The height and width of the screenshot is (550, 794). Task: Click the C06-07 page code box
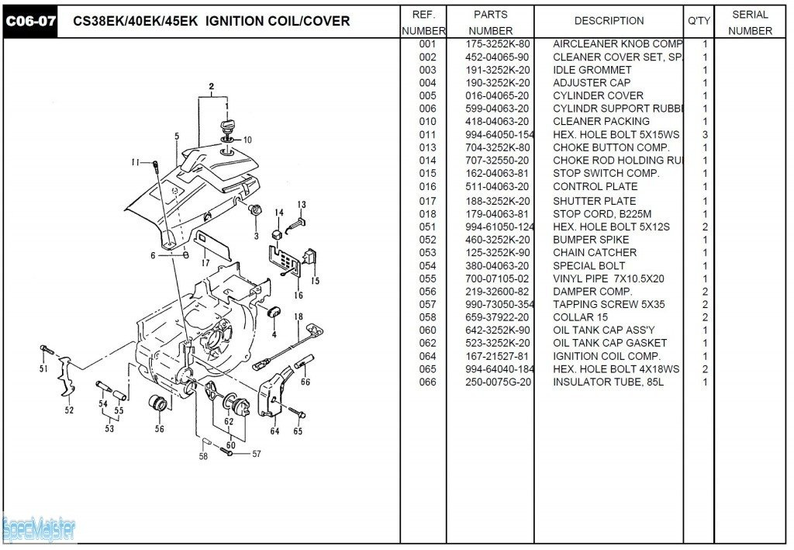click(x=31, y=21)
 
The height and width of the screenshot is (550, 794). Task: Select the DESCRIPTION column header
click(x=609, y=21)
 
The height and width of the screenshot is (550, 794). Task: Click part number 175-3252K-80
click(x=498, y=44)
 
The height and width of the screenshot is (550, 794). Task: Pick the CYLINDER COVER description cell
click(x=598, y=95)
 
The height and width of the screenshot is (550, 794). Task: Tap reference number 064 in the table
click(x=427, y=356)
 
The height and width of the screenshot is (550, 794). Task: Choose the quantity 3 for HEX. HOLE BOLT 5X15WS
click(x=704, y=135)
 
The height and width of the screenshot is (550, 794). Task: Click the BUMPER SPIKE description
click(x=591, y=240)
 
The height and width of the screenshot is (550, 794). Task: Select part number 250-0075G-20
click(x=498, y=382)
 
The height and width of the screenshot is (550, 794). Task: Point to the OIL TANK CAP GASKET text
click(x=609, y=343)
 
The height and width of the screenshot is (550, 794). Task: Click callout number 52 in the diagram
click(x=69, y=410)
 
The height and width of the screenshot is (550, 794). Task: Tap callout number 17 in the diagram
click(x=205, y=263)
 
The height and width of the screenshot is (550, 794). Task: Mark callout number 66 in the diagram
click(x=306, y=382)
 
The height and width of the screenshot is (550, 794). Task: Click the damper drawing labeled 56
click(x=159, y=405)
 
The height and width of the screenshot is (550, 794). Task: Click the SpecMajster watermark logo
click(x=39, y=529)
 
